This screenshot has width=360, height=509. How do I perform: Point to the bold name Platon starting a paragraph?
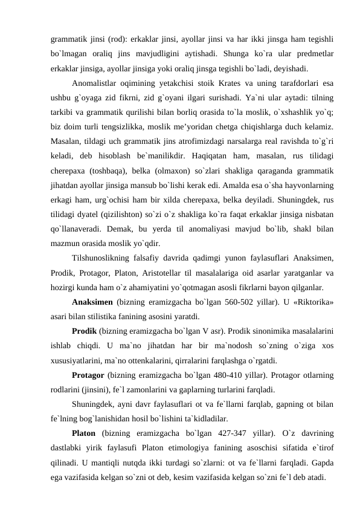pyautogui.click(x=85, y=433)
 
